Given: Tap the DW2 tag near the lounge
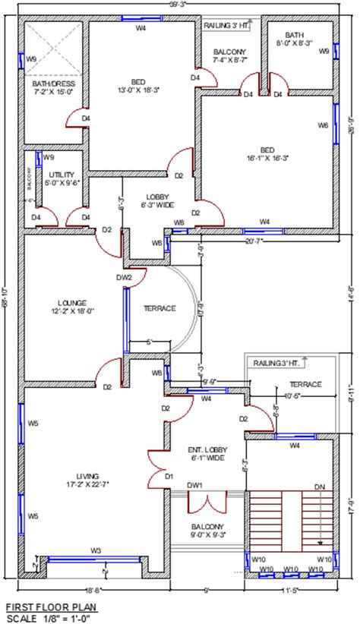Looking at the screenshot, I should pyautogui.click(x=124, y=278).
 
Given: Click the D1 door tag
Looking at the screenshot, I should pyautogui.click(x=169, y=476).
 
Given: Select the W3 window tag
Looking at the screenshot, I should pyautogui.click(x=96, y=550).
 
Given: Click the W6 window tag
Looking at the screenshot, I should pyautogui.click(x=324, y=125).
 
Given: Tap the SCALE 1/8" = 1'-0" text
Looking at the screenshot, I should pyautogui.click(x=50, y=619).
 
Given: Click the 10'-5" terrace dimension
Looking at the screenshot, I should pyautogui.click(x=292, y=396).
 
